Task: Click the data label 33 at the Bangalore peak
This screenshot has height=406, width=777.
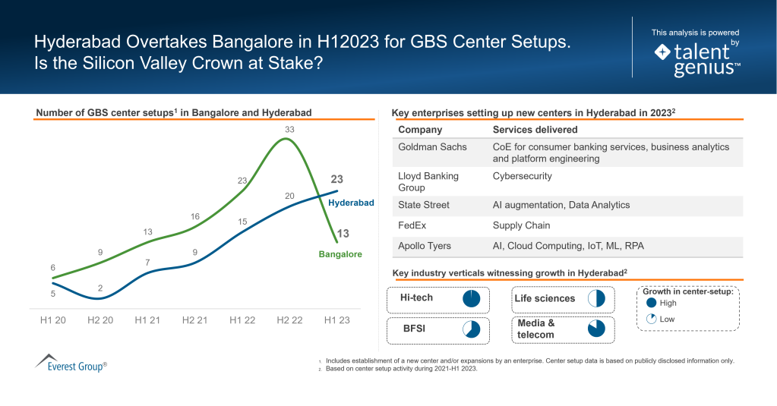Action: pyautogui.click(x=289, y=130)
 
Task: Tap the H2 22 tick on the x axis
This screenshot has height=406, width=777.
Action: pyautogui.click(x=289, y=320)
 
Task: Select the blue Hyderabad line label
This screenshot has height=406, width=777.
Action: pyautogui.click(x=351, y=203)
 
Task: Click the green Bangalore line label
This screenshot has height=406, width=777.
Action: pyautogui.click(x=340, y=254)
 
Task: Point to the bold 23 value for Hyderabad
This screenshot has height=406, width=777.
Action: pyautogui.click(x=337, y=180)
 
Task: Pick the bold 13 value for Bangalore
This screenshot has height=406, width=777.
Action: pyautogui.click(x=343, y=234)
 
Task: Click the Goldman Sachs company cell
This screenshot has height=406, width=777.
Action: pyautogui.click(x=432, y=146)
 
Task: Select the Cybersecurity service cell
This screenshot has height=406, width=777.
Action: pyautogui.click(x=522, y=176)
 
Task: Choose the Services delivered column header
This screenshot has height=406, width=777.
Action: pyautogui.click(x=535, y=130)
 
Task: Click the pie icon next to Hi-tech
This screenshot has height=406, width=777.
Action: pyautogui.click(x=472, y=298)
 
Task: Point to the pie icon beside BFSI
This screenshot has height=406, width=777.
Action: pyautogui.click(x=472, y=329)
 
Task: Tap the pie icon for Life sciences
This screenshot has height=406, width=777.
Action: pyautogui.click(x=596, y=298)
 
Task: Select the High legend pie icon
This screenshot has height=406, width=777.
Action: pyautogui.click(x=651, y=303)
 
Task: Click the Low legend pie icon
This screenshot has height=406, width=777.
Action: pyautogui.click(x=651, y=319)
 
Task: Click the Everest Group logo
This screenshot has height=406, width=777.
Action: pyautogui.click(x=71, y=363)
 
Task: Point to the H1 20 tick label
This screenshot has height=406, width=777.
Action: pyautogui.click(x=53, y=320)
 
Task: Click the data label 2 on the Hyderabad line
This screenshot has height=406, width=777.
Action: pyautogui.click(x=100, y=288)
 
